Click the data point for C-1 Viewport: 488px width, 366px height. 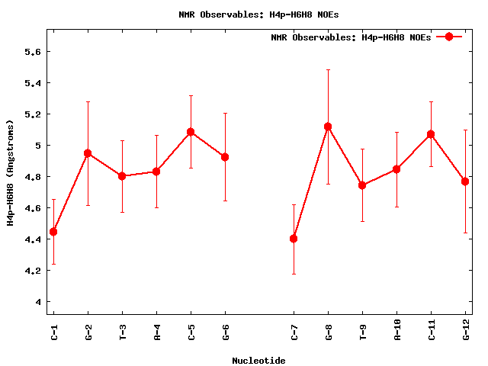click(x=53, y=232)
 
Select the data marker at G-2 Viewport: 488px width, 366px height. click(x=88, y=153)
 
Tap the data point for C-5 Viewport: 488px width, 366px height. click(x=191, y=132)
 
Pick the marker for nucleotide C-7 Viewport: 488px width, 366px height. click(x=294, y=239)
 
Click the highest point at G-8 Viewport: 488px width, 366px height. click(x=328, y=127)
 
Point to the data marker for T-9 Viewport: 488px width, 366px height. click(x=362, y=185)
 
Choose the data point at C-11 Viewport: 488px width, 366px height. click(x=431, y=134)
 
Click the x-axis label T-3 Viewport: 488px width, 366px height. click(x=122, y=332)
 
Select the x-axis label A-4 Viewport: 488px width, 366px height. click(x=156, y=332)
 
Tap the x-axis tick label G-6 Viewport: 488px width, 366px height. click(x=225, y=332)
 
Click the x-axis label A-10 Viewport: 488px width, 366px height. click(x=396, y=334)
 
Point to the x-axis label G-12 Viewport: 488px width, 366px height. click(x=465, y=334)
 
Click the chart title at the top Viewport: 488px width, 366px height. click(x=259, y=14)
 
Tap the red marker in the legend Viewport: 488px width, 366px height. click(x=449, y=37)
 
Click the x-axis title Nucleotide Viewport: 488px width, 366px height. click(x=258, y=360)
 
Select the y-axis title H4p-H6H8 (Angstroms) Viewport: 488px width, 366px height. click(x=11, y=172)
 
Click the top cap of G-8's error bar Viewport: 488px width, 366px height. click(x=328, y=69)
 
